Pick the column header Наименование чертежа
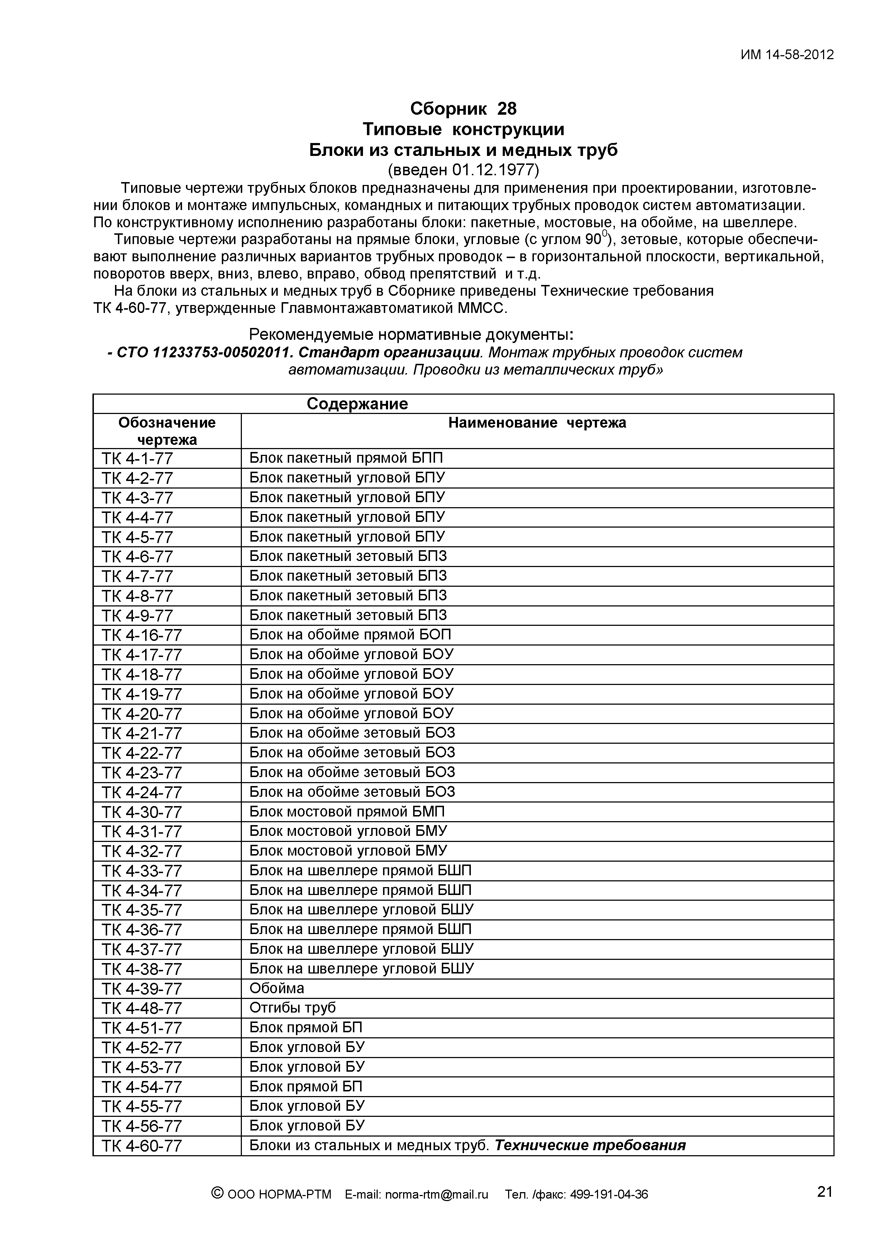(537, 423)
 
